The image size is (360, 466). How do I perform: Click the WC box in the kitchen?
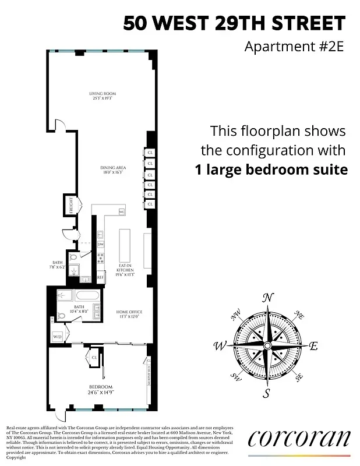tap(122, 212)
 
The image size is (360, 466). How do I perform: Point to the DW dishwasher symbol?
tap(100, 243)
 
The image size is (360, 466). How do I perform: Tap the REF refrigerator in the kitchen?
tap(100, 278)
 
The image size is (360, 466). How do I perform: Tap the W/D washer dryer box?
tap(57, 337)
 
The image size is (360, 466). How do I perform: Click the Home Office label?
tap(129, 315)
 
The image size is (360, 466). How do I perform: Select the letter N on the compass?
tap(267, 298)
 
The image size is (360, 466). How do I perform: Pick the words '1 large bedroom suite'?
tap(271, 171)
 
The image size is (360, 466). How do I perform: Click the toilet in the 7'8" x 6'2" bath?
tap(73, 257)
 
